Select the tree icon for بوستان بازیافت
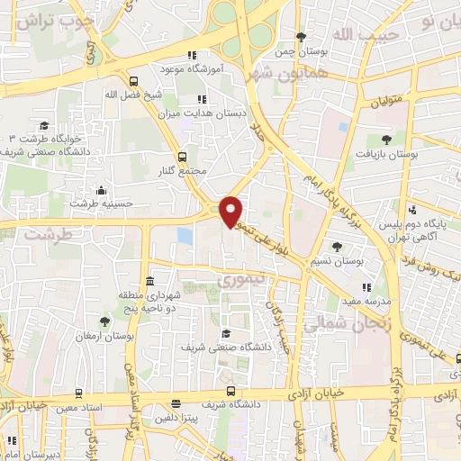pyautogui.click(x=386, y=139)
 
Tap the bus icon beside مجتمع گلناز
pyautogui.click(x=184, y=155)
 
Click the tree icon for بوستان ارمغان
pyautogui.click(x=104, y=321)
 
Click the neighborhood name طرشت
pyautogui.click(x=47, y=233)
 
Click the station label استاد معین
pyautogui.click(x=102, y=408)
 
